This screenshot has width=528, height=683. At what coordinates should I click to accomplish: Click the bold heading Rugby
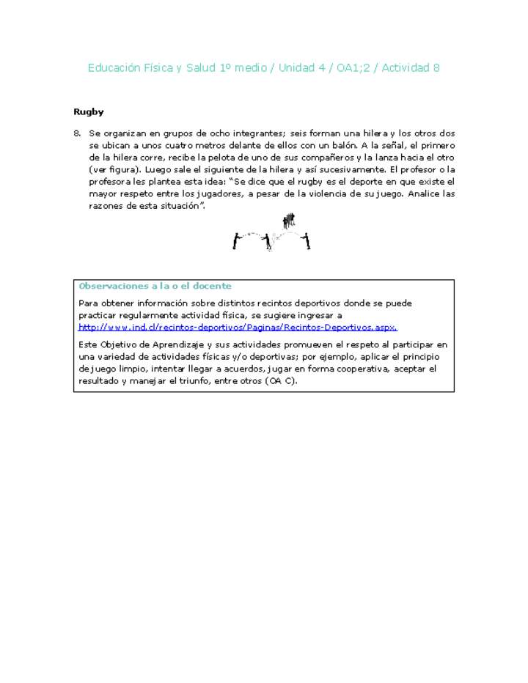88,112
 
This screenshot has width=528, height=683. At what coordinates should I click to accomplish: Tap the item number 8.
77,133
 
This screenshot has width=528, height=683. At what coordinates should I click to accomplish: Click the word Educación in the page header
113,67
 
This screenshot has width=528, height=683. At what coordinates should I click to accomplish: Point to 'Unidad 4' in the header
304,67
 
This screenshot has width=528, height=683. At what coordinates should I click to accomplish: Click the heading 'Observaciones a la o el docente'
155,286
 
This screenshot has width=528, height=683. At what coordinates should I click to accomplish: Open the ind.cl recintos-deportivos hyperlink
238,327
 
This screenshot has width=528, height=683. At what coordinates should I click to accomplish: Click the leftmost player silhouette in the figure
236,240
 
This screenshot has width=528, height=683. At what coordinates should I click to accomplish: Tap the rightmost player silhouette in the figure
307,240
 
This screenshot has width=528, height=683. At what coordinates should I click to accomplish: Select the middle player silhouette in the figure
268,241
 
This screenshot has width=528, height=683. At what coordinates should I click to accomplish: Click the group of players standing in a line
289,220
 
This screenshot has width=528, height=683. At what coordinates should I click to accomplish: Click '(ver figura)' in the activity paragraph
111,169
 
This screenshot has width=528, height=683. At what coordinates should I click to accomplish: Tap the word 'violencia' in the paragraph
323,193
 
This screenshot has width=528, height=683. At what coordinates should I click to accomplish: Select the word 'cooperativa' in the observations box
362,369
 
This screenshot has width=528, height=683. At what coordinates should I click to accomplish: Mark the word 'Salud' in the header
201,67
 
